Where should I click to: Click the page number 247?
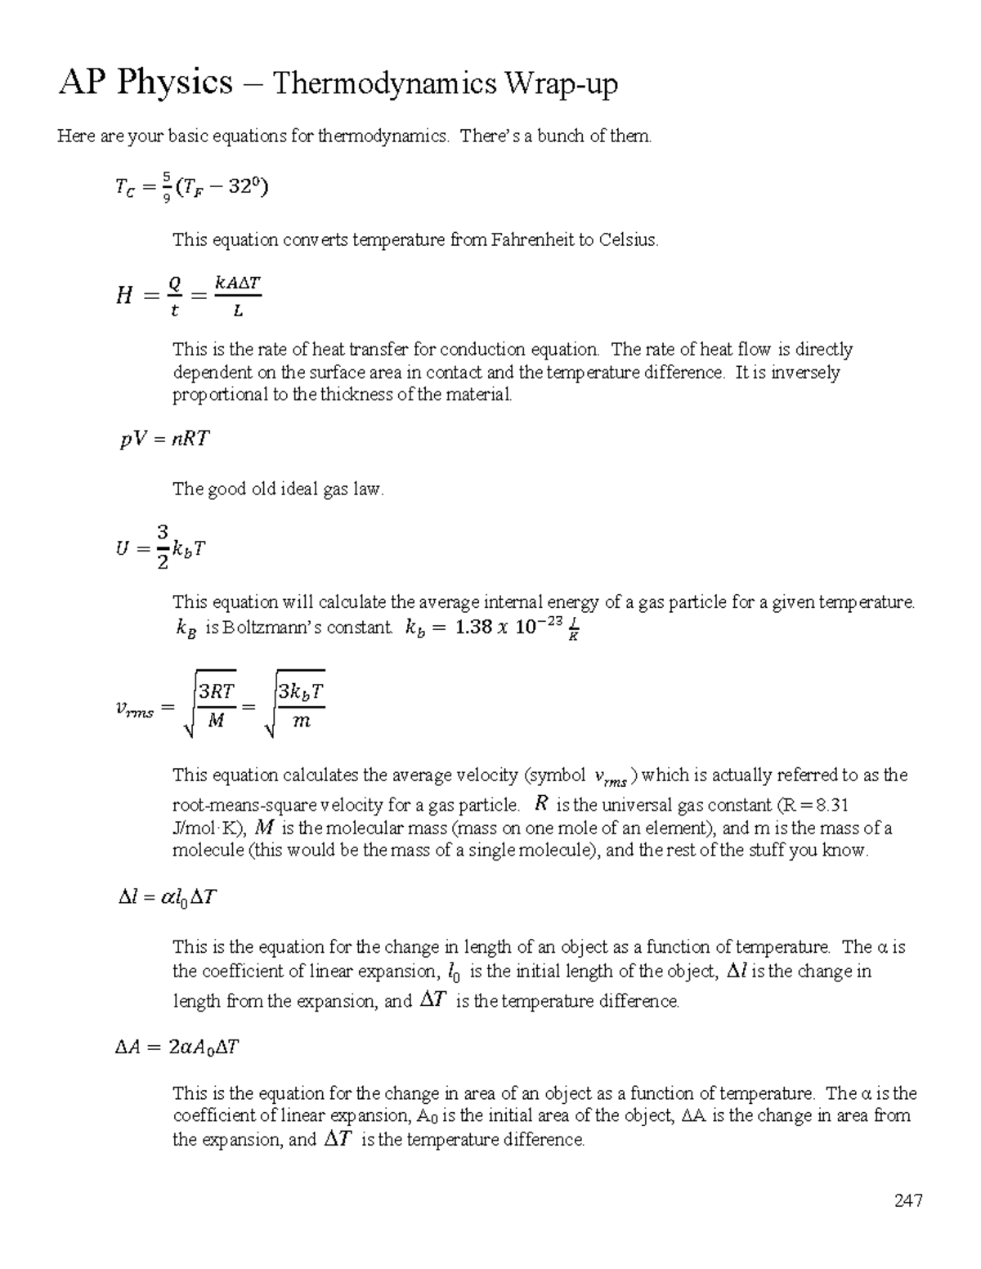coord(907,1200)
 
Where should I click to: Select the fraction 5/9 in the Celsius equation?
coord(166,187)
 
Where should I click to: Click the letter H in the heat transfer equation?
coord(124,296)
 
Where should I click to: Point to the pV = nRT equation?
coord(164,439)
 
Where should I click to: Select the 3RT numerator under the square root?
coord(217,691)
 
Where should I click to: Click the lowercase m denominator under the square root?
coord(301,721)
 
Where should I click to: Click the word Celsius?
coord(628,239)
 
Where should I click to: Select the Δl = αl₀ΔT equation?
coord(167,897)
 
